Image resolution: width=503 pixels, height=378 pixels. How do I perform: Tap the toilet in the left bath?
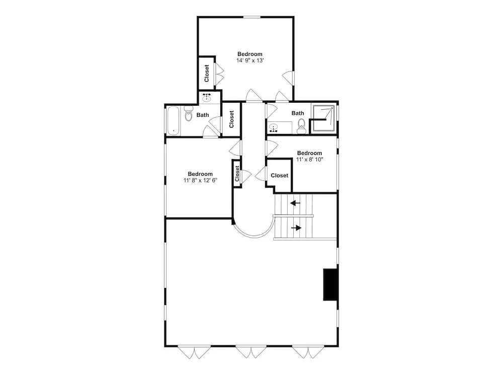tap(188, 115)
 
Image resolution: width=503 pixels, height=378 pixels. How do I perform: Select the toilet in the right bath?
tap(301, 126)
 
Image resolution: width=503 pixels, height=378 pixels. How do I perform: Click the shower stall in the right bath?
tap(323, 118)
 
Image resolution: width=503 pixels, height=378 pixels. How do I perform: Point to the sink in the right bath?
tap(274, 128)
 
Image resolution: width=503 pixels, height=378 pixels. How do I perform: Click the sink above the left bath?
tap(206, 97)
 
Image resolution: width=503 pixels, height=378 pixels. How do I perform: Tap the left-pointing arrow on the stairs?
tap(295, 203)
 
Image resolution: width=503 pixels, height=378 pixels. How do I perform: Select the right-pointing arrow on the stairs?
tap(296, 228)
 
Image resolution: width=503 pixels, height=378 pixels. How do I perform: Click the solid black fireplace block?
tap(330, 284)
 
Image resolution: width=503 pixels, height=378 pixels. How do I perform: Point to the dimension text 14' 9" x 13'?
tap(250, 60)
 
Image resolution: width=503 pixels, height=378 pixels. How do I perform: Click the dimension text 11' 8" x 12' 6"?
tap(200, 180)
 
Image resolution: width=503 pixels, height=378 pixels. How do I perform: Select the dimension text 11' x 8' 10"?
tap(309, 159)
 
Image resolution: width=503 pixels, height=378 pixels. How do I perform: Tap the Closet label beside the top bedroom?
tap(207, 73)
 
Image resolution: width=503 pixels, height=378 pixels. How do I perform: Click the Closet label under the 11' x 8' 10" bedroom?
tap(279, 176)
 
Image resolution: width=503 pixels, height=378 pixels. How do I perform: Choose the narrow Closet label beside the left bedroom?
tap(237, 174)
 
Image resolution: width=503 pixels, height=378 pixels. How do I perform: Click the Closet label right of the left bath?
tap(231, 119)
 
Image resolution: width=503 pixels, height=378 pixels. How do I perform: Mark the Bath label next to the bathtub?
tap(203, 115)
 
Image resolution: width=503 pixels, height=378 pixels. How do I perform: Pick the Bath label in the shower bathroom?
tap(298, 113)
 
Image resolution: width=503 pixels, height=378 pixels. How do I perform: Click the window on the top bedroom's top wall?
tap(252, 17)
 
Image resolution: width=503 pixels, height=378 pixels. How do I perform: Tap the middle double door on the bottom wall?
tap(250, 352)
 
